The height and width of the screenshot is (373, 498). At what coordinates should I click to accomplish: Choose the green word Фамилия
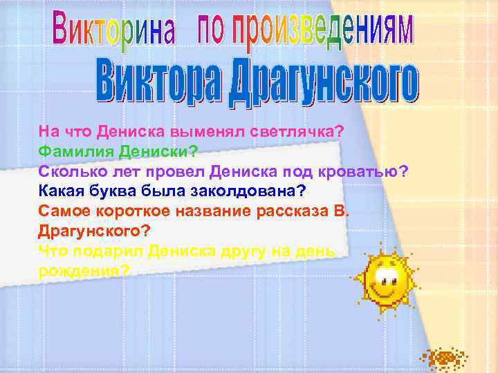68,150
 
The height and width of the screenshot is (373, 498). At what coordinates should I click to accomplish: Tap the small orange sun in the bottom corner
444,358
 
